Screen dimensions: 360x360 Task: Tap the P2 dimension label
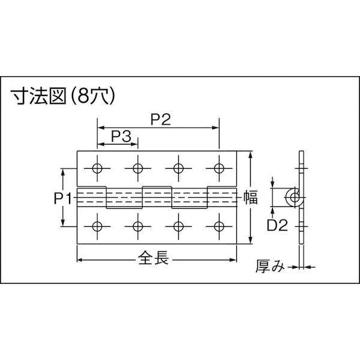pos(158,119)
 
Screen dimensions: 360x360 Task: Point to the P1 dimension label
pos(64,197)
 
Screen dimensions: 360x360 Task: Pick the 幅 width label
pos(251,197)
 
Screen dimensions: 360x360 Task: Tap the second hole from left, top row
pos(138,167)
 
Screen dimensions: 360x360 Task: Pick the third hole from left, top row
pos(178,167)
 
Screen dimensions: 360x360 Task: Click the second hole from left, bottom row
pos(138,226)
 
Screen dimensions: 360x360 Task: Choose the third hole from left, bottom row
pos(178,226)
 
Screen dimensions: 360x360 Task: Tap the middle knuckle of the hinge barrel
pos(158,197)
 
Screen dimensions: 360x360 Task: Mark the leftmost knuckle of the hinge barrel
pos(92,197)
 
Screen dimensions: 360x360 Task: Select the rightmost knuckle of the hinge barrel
pos(223,197)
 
